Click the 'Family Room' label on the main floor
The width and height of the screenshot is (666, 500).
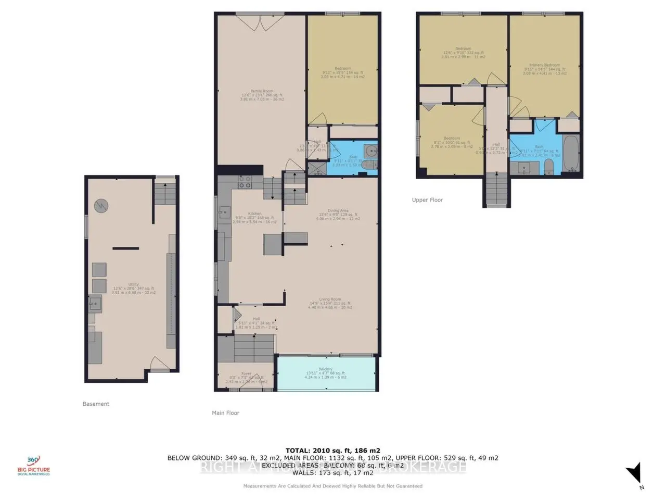pyautogui.click(x=262, y=91)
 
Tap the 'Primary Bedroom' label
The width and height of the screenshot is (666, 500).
pyautogui.click(x=545, y=65)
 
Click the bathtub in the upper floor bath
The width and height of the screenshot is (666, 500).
pyautogui.click(x=571, y=154)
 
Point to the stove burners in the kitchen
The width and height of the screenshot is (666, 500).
pyautogui.click(x=245, y=182)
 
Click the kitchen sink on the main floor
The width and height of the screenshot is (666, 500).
pyautogui.click(x=225, y=211)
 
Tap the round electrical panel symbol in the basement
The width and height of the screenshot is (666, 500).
pyautogui.click(x=101, y=206)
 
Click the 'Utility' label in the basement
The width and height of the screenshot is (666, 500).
pyautogui.click(x=134, y=284)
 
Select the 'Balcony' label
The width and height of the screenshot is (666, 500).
pyautogui.click(x=325, y=369)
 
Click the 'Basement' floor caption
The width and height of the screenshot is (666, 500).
pyautogui.click(x=96, y=404)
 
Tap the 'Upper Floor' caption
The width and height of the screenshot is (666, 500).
pyautogui.click(x=427, y=200)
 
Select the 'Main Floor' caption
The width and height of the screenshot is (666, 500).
pyautogui.click(x=225, y=413)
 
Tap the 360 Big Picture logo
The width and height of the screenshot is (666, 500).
pyautogui.click(x=34, y=465)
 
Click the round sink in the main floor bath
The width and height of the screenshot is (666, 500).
pyautogui.click(x=371, y=152)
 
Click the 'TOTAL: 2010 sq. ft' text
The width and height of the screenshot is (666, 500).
pyautogui.click(x=332, y=451)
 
